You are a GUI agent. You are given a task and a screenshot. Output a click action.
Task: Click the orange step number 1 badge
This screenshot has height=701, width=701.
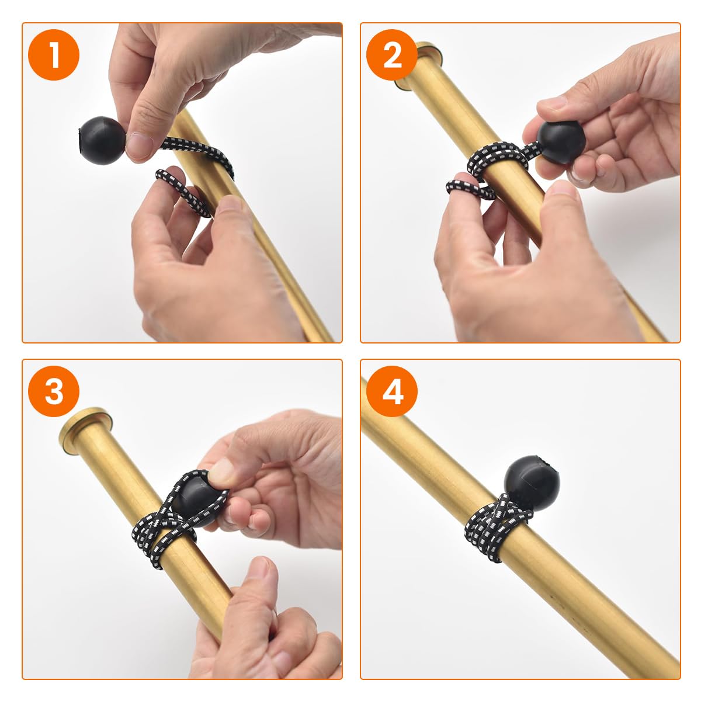pyautogui.click(x=54, y=55)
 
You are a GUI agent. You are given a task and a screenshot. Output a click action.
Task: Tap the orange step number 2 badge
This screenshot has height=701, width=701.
pyautogui.click(x=392, y=55)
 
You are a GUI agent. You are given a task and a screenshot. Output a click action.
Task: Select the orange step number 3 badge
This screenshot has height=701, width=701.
pyautogui.click(x=54, y=391)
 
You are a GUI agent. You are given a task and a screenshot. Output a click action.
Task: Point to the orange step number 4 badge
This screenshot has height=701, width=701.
pyautogui.click(x=392, y=391)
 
